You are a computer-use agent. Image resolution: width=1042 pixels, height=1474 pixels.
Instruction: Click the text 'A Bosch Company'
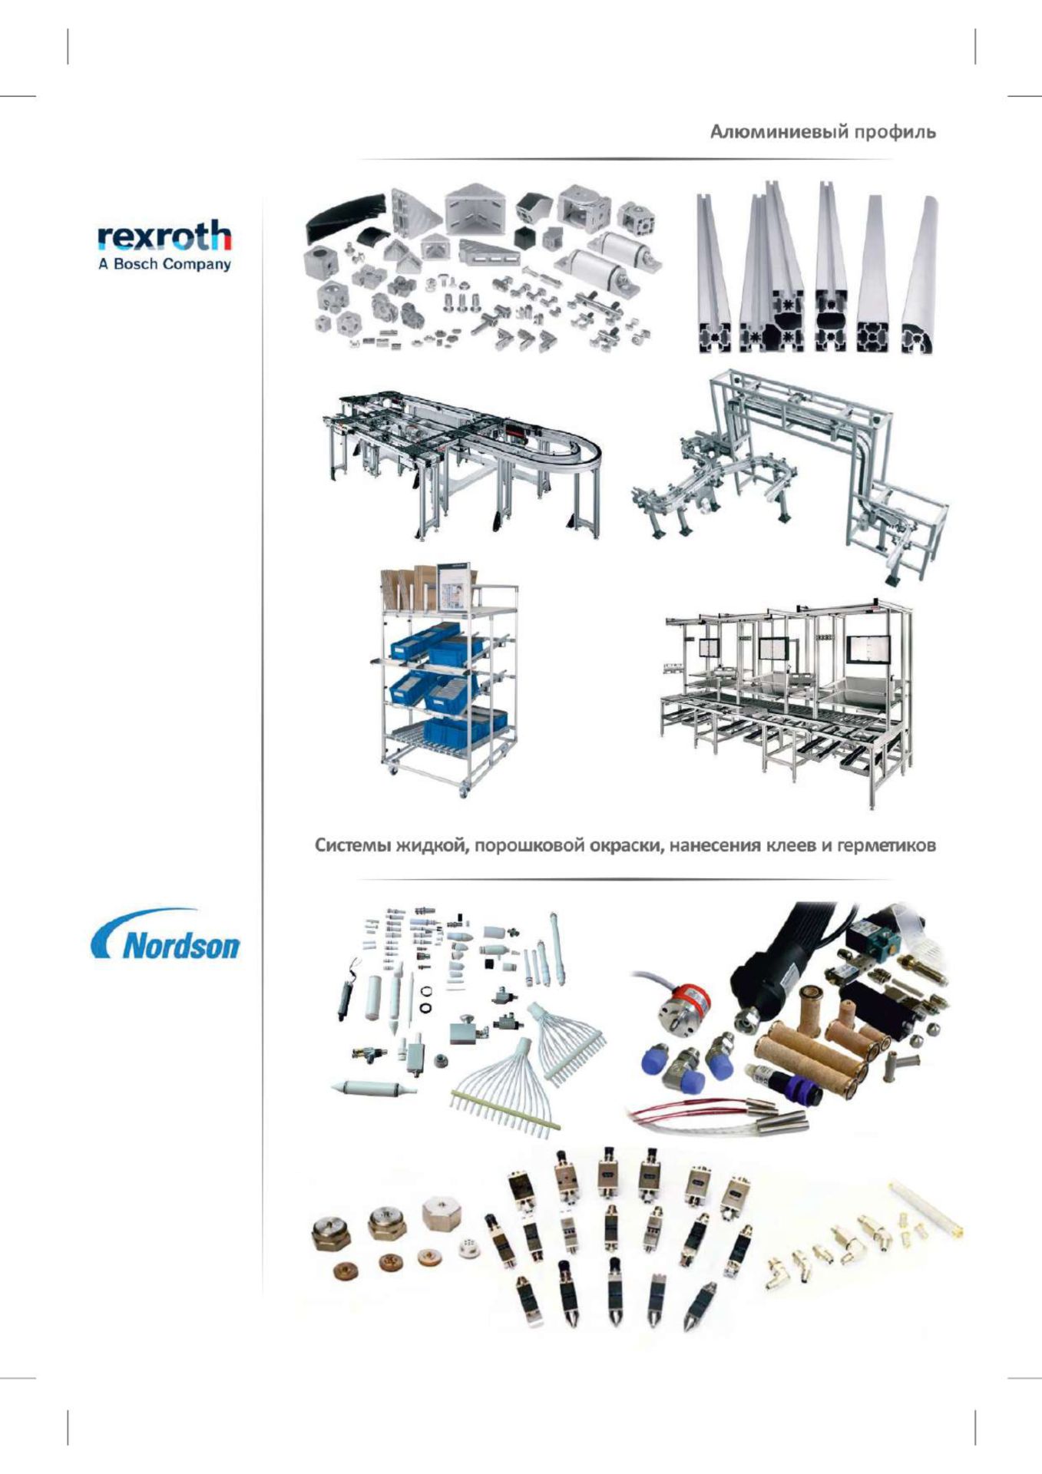click(164, 265)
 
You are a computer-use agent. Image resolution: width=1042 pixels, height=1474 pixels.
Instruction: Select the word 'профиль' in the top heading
click(892, 133)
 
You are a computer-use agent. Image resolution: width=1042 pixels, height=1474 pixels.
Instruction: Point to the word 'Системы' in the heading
click(352, 846)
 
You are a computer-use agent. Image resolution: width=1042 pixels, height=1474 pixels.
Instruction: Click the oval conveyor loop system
click(461, 461)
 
